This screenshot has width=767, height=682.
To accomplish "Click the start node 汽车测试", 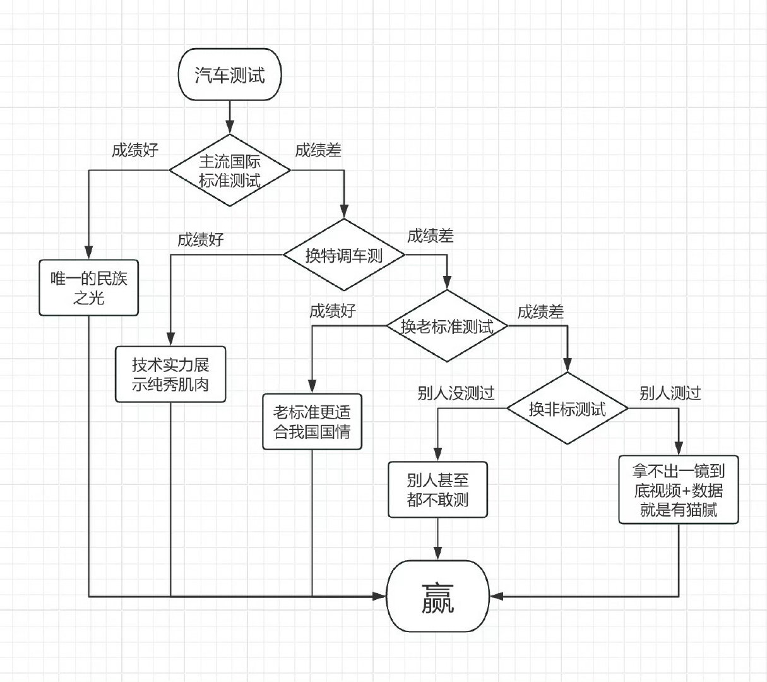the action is coord(230,75).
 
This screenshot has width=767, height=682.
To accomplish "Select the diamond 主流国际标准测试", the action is coord(230,170).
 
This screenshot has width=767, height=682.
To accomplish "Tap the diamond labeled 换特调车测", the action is coord(344,254).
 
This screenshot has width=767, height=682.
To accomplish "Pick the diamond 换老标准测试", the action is coord(447,326).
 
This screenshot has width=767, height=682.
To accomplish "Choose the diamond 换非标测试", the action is coord(567,408).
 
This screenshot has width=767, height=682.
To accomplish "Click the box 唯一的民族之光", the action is coord(88,288).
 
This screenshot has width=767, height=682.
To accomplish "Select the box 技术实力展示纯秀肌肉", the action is coord(170,374).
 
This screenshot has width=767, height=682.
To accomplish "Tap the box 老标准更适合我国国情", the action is coord(312,422).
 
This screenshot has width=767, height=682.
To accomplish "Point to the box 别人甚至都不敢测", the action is coord(437,489).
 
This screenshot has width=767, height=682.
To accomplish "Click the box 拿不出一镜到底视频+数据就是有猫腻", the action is coord(679,490).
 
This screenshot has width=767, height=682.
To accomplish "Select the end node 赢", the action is coord(437,596).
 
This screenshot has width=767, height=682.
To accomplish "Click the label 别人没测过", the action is coord(456,393).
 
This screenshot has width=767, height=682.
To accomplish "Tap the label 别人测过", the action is coord(670,393).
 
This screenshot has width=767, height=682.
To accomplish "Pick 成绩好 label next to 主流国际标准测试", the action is coord(134,150).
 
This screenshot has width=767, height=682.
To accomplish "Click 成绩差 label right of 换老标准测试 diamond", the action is coord(540,312).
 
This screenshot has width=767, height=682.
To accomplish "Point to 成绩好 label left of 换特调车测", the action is coord(201,240).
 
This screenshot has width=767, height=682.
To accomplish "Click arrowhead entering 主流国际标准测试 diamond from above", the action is coord(230,128).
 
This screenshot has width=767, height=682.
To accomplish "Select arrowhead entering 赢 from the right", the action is coord(496,596).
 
